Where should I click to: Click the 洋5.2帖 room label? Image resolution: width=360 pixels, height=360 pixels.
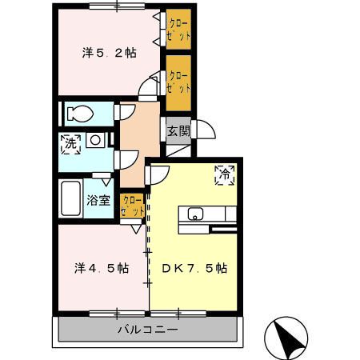(109, 53)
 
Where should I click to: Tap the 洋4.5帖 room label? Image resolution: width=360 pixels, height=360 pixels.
(102, 268)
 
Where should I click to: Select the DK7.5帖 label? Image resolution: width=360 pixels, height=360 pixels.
(194, 268)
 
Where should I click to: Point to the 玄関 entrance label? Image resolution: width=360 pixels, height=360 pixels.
(178, 131)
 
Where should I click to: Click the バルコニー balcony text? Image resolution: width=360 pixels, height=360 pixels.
(148, 330)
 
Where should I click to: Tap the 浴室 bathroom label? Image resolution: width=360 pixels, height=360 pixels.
(98, 201)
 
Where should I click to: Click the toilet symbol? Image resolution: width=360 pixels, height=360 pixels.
(80, 114)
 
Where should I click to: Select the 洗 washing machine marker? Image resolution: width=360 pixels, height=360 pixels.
(70, 144)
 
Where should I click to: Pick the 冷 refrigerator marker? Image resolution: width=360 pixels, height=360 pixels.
(225, 175)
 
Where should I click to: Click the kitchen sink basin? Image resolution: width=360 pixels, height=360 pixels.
(195, 214)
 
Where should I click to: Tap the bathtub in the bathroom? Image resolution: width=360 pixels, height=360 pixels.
(71, 198)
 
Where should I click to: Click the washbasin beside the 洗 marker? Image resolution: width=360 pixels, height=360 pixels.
(95, 140)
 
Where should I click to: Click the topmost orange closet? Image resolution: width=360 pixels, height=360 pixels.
(178, 30)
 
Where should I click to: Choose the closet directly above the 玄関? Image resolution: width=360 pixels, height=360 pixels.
(178, 83)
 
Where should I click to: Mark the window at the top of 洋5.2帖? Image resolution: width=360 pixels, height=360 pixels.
(117, 6)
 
